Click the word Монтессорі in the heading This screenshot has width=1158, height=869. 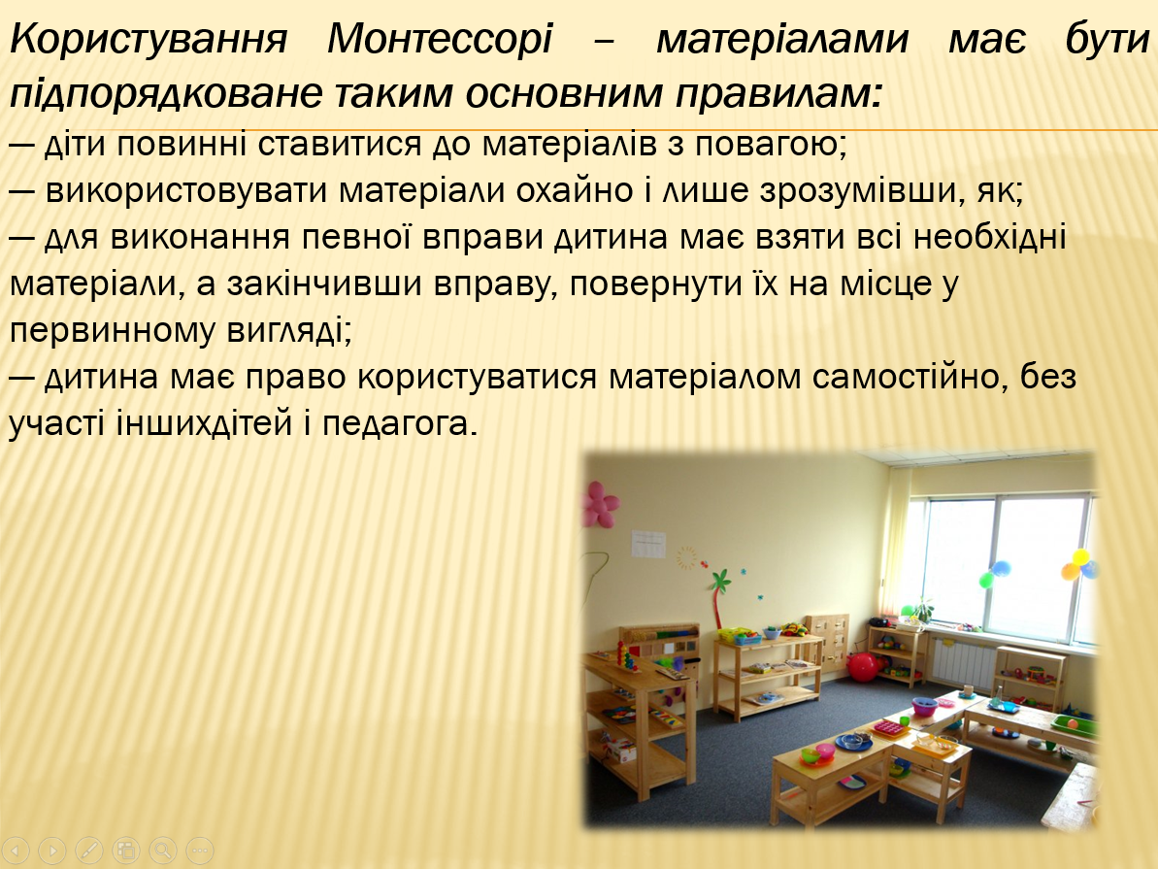(x=439, y=41)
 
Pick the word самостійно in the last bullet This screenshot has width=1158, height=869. (x=908, y=378)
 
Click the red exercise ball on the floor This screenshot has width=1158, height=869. (x=862, y=666)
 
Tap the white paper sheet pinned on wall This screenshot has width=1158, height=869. (x=648, y=544)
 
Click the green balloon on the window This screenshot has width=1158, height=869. (x=987, y=579)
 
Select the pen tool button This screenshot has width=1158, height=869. (x=89, y=851)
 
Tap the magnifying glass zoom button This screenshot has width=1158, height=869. (x=162, y=851)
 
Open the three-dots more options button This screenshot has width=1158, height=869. (x=199, y=851)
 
